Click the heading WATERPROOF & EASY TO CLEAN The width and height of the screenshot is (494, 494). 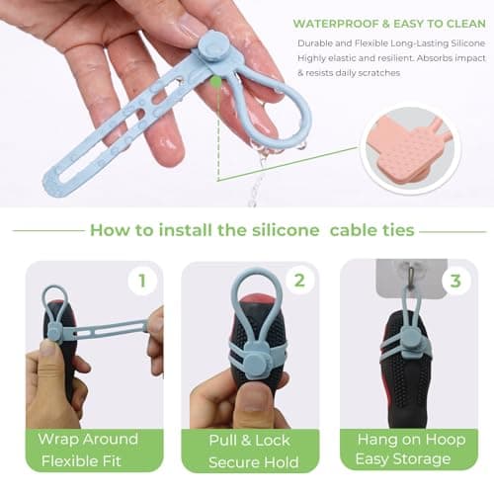point(388,23)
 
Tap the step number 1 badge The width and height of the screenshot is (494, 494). point(141,281)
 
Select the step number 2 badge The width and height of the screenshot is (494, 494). point(298,281)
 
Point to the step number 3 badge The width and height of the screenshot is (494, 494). point(454,281)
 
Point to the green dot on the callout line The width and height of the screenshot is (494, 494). point(215,82)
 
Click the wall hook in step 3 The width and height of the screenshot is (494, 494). point(401,272)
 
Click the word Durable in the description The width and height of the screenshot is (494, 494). point(318,43)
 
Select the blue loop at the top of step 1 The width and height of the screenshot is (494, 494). point(54,298)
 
